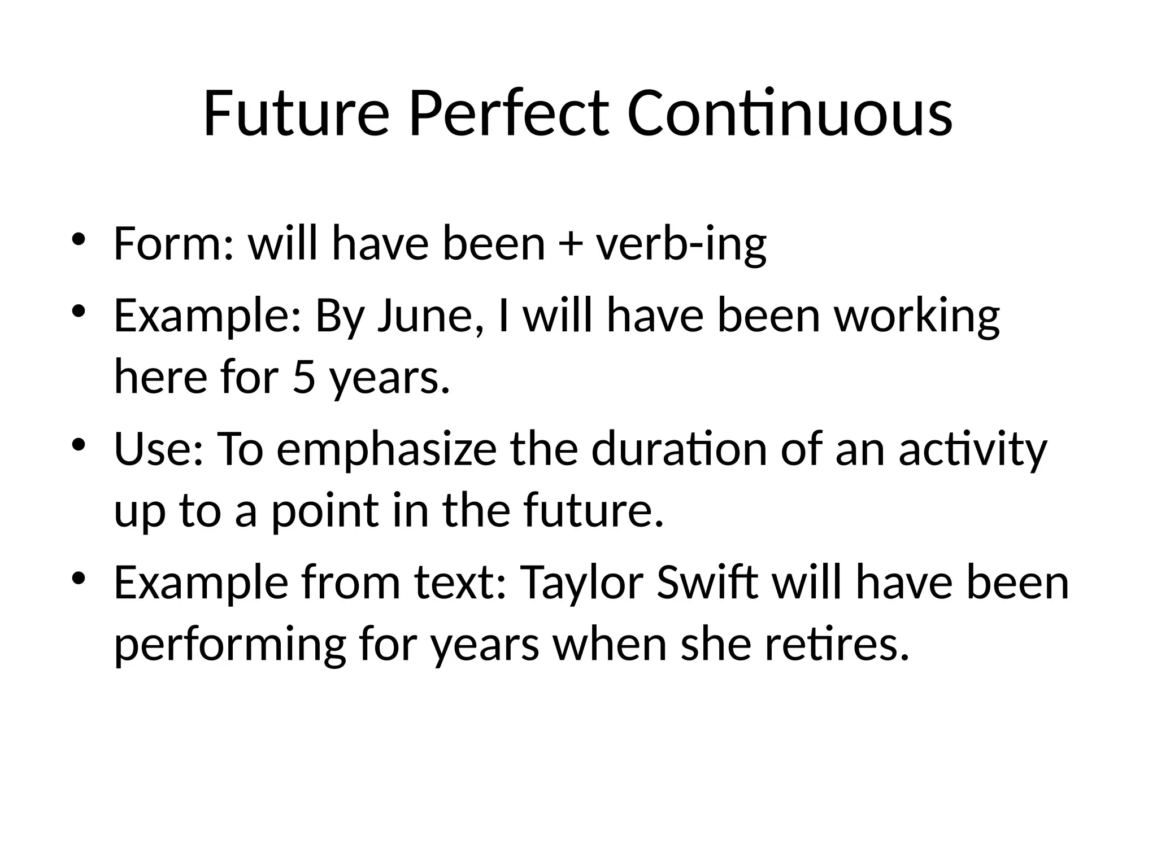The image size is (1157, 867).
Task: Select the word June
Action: pos(429,316)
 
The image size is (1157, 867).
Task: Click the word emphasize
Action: pos(386,450)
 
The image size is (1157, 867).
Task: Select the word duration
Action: pos(679,449)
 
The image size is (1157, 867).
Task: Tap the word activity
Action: pos(973,450)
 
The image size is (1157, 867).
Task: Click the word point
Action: pos(325,511)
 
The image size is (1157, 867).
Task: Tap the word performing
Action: pos(230,646)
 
